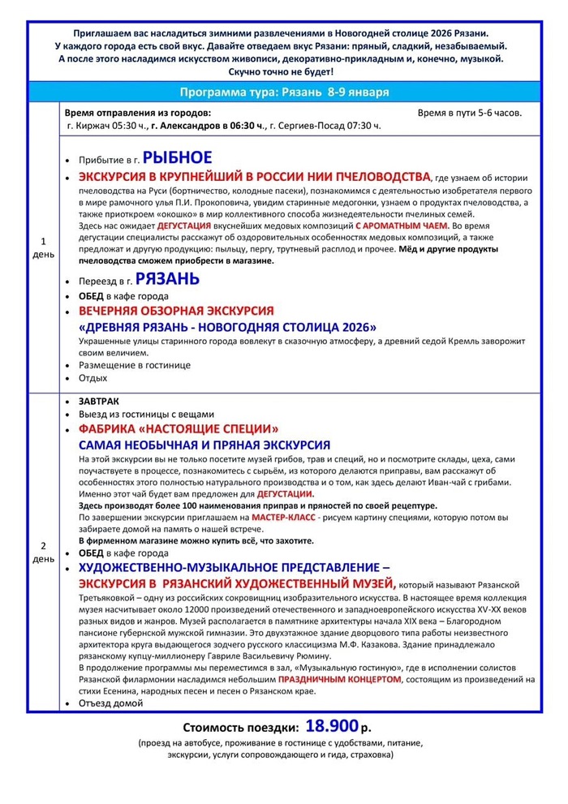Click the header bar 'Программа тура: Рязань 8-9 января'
coord(283,91)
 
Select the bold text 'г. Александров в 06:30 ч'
coord(208,126)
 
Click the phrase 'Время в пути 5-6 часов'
coord(470,113)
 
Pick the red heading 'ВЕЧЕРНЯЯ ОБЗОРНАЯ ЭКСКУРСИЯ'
coord(176,311)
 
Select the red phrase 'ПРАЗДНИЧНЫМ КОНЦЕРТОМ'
coord(339,679)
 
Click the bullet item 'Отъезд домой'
coord(110,703)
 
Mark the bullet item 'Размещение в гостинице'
coord(134,365)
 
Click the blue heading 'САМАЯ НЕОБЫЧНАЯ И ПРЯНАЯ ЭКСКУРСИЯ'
coord(204,445)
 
